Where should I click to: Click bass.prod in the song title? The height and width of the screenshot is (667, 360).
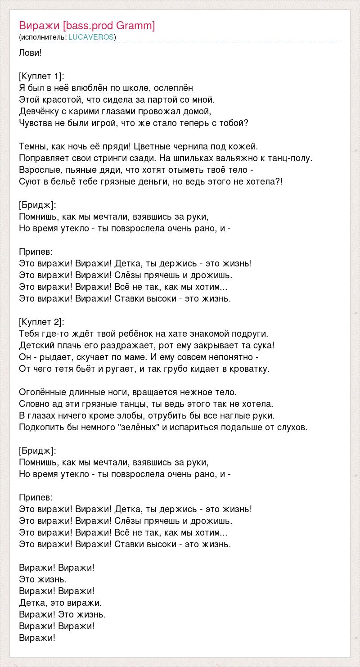(91, 26)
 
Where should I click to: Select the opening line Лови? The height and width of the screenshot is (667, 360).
(31, 53)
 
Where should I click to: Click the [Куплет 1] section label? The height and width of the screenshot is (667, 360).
(42, 76)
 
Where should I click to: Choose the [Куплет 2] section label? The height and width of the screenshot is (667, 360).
(42, 322)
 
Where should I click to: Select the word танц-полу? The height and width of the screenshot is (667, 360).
(288, 158)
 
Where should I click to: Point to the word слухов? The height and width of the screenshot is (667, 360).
(292, 427)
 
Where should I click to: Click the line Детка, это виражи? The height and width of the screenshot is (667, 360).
(60, 602)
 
